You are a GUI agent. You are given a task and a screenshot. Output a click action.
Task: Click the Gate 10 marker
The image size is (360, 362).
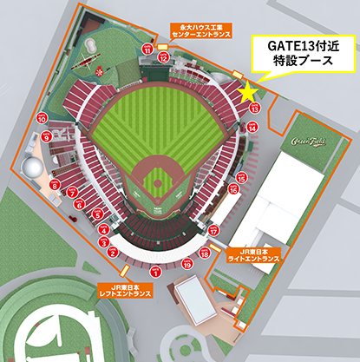coord(42,118)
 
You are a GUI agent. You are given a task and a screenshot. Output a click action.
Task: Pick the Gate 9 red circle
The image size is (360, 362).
coord(46,137)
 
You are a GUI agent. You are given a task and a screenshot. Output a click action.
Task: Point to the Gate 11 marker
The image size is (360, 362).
coord(147,51)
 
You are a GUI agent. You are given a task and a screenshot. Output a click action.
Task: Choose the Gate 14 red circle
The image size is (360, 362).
coord(252,128)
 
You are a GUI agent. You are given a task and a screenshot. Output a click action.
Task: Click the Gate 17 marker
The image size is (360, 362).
coord(213,231)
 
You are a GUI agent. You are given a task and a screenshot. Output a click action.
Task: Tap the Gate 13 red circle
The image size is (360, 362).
coord(254,109)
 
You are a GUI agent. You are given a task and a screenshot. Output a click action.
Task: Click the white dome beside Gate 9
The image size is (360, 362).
coord(31,165)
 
